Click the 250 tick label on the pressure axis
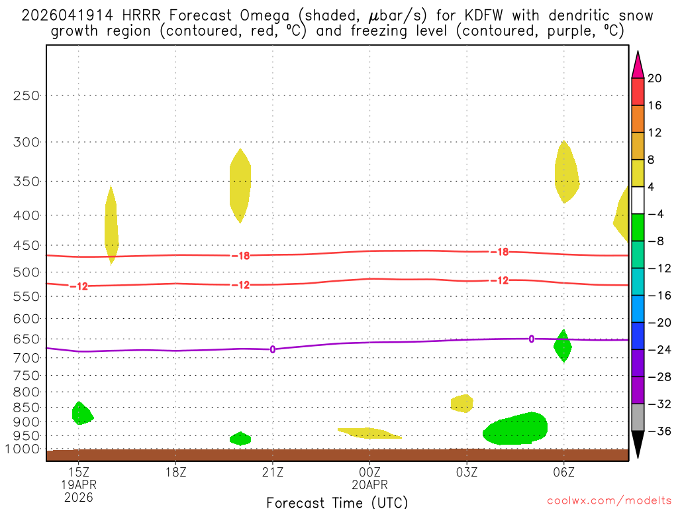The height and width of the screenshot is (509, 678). pos(26,95)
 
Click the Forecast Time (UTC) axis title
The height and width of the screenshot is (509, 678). pos(337,502)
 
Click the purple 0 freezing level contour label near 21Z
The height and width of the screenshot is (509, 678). pos(272,349)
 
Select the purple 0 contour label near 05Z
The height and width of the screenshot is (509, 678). pos(531,339)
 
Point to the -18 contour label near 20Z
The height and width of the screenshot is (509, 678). pos(240,255)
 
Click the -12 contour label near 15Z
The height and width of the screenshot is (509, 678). pos(79,286)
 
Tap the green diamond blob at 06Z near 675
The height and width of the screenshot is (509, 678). pos(563,346)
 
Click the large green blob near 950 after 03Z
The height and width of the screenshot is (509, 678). pos(516,429)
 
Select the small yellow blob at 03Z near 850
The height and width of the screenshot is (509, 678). pos(461,403)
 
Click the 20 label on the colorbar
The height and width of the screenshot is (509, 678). pos(654,78)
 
